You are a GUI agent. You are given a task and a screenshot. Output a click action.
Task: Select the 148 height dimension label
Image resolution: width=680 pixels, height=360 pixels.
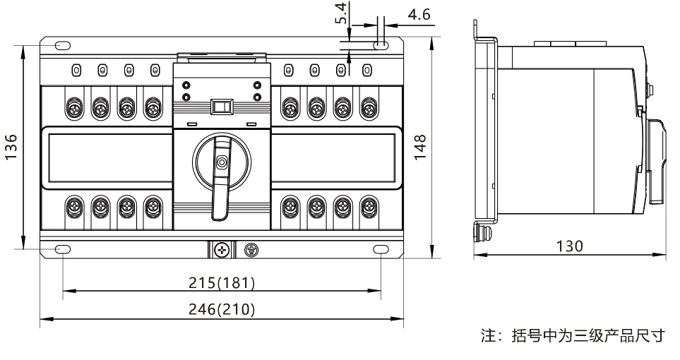(x=422, y=146)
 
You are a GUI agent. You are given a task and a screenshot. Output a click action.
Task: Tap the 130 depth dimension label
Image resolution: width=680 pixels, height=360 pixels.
(x=569, y=246)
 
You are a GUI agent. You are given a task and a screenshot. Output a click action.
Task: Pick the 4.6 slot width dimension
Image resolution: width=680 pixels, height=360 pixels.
(x=415, y=15)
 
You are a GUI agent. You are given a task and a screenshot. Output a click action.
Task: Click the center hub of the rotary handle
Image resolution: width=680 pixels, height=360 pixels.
(x=222, y=163)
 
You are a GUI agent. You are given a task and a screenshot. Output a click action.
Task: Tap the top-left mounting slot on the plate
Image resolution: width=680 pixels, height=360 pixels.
(x=63, y=46)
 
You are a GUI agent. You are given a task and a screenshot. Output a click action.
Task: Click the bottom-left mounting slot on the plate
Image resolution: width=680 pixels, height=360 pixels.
(x=63, y=249)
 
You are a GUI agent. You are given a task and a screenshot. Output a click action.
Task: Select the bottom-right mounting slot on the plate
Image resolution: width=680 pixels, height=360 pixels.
(x=380, y=249)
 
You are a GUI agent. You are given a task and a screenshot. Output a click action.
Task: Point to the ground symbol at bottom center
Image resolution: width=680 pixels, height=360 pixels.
(x=249, y=249)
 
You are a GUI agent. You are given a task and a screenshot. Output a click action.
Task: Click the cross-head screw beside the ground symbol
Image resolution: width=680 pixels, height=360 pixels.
(x=221, y=249)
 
